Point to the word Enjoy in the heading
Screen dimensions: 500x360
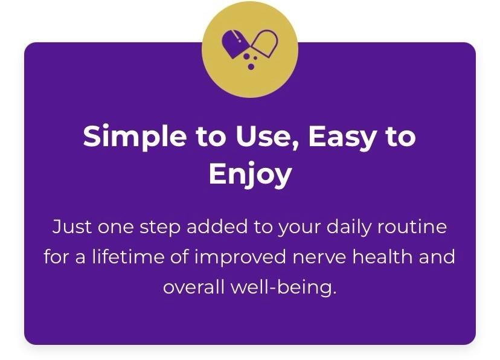coord(251,175)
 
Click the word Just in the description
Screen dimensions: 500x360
coord(72,227)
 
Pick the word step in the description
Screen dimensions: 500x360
coord(160,228)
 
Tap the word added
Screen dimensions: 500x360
coord(217,227)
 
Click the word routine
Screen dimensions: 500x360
coord(412,227)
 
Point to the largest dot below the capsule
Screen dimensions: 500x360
coord(251,66)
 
